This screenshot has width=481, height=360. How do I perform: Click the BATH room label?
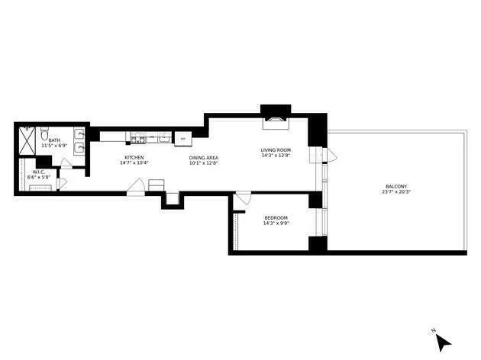click(54, 140)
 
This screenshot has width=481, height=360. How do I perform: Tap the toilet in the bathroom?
click(45, 131)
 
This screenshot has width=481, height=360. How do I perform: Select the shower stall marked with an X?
click(27, 141)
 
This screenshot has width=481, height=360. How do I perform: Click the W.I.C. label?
click(37, 172)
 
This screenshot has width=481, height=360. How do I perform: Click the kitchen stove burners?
click(137, 139)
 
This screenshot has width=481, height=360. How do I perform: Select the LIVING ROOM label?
click(276, 149)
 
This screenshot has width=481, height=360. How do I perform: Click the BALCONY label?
click(395, 186)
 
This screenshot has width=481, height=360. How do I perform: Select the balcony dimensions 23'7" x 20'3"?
click(395, 192)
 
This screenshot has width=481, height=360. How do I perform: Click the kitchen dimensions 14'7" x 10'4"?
click(134, 163)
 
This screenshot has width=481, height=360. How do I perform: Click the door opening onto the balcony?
click(329, 156)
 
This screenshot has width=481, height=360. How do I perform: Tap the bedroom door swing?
click(241, 199)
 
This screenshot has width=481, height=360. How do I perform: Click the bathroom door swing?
click(66, 161)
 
